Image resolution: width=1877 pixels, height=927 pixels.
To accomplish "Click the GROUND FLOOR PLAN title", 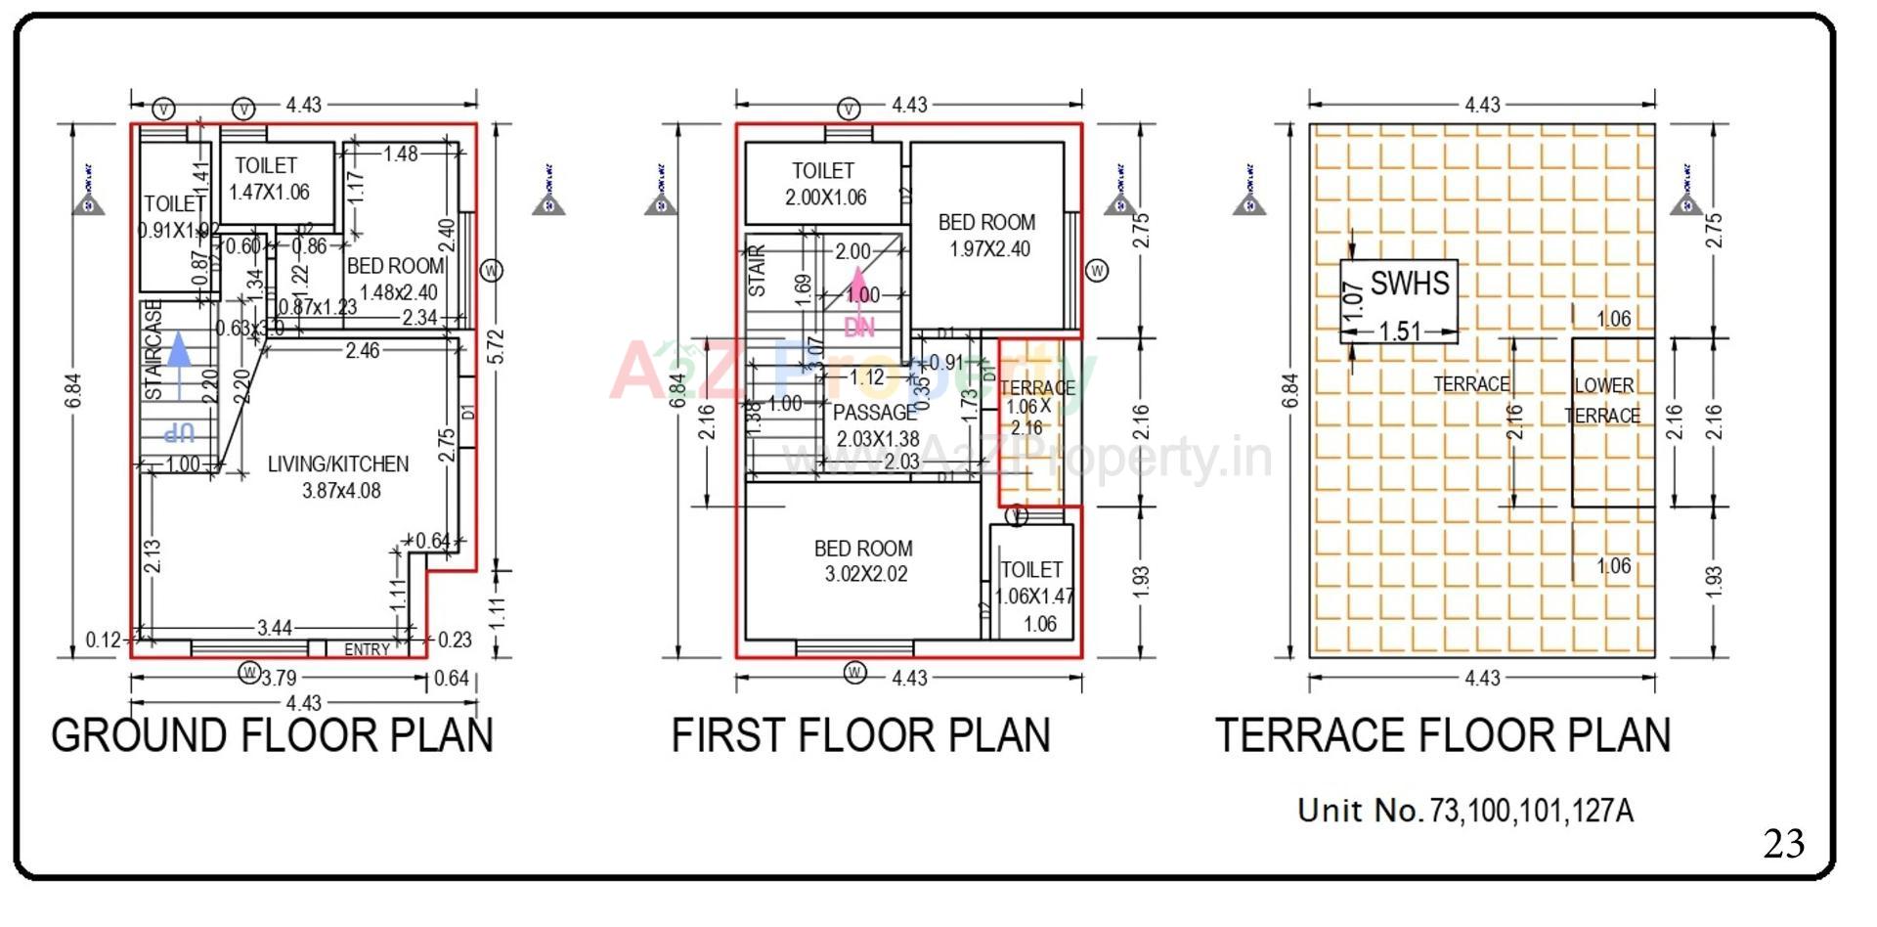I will click(272, 736).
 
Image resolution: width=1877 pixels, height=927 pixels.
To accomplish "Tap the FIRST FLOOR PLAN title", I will click(860, 736).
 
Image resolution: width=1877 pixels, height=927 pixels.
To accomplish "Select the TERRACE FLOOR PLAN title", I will click(1443, 736).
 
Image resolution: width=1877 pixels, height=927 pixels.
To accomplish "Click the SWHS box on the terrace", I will click(1399, 301).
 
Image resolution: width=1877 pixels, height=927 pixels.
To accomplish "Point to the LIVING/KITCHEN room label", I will click(338, 477).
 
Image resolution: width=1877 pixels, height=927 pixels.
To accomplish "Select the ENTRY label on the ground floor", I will click(367, 649).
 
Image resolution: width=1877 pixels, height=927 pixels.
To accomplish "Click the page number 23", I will click(1783, 843).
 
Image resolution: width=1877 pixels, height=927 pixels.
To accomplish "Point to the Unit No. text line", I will click(1464, 811).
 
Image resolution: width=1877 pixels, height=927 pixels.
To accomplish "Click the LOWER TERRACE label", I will click(1603, 400).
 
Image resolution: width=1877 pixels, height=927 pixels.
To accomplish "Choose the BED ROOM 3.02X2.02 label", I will click(864, 561).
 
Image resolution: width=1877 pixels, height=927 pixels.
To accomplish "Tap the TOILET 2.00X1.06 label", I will click(824, 184).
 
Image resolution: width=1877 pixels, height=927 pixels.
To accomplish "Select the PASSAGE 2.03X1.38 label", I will click(876, 425).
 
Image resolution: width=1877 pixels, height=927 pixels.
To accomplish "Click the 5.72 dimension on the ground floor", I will click(497, 347).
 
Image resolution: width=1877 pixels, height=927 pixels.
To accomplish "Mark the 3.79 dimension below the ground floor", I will click(279, 678).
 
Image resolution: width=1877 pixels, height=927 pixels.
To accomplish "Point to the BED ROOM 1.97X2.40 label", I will click(987, 236).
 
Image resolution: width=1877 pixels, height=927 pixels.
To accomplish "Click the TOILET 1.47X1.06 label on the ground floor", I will click(268, 179).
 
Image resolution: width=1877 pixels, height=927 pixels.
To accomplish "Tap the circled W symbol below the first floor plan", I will click(855, 673).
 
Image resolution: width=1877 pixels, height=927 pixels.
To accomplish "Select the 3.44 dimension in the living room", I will click(274, 628).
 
